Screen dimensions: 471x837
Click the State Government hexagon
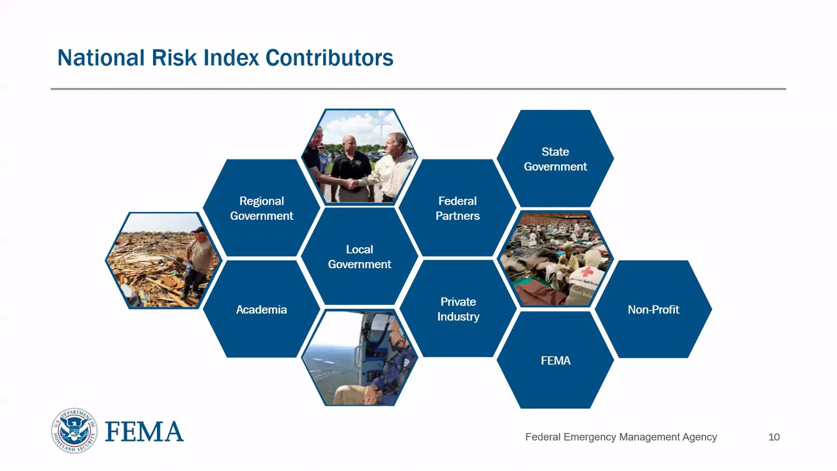555,159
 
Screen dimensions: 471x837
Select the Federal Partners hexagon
458,208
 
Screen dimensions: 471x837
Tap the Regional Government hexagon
262,208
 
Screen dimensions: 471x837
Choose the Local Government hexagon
360,256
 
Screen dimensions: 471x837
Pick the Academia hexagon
262,309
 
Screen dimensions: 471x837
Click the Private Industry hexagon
458,309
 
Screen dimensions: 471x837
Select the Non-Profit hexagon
653,309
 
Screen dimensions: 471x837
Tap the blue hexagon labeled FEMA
555,360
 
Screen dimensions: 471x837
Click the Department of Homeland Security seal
74,430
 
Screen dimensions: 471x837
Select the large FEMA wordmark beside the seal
144,432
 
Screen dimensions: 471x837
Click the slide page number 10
774,437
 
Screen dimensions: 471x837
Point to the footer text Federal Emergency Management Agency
621,437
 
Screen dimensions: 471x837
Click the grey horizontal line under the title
418,88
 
